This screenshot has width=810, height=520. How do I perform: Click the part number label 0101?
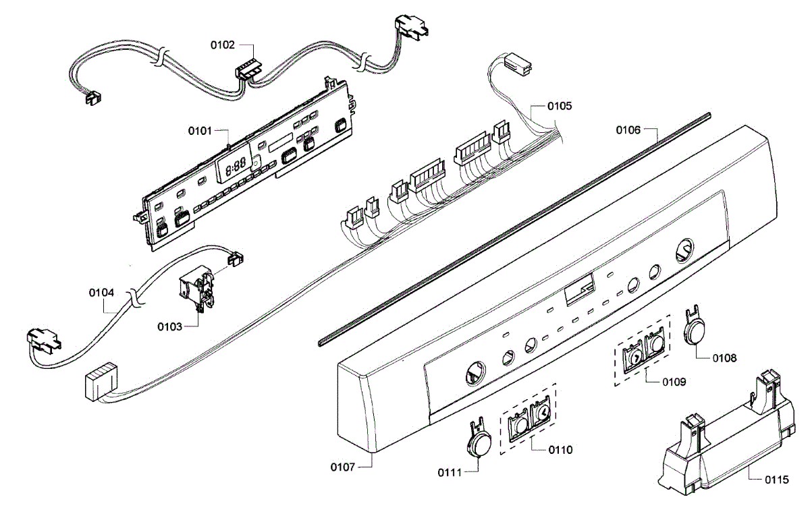(x=200, y=129)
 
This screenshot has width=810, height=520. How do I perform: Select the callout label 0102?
(x=222, y=45)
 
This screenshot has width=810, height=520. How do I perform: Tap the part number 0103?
(x=170, y=327)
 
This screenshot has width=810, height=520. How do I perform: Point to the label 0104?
(x=101, y=293)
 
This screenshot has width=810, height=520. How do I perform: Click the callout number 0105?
(x=560, y=106)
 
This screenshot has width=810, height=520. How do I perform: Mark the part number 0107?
(x=344, y=466)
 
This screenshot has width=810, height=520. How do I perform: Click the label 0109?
(x=674, y=381)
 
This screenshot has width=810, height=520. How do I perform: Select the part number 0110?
(x=560, y=449)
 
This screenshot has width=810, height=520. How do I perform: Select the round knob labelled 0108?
(x=694, y=332)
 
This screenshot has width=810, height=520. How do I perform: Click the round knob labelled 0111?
(x=479, y=442)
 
